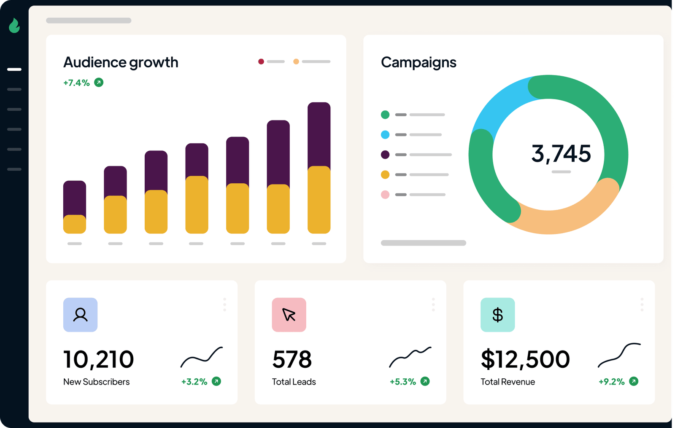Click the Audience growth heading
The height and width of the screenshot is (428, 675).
coord(121,63)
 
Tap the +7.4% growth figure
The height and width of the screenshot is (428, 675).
coord(76,83)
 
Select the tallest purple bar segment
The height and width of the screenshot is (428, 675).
coord(319,136)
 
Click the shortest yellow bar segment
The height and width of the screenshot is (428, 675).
coord(74,224)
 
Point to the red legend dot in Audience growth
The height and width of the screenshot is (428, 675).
coord(261,62)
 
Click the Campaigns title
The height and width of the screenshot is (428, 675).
coord(418,63)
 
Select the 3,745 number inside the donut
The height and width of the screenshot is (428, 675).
coord(561,153)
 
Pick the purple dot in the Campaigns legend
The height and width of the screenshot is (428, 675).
coord(385,155)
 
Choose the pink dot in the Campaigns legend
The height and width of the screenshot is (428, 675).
coord(385,195)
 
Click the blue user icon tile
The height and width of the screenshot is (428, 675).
coord(80,315)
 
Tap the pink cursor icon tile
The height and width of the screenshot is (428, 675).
coord(289,315)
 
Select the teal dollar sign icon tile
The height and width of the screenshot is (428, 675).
coord(497,315)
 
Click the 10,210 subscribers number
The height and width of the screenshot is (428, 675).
coord(99,359)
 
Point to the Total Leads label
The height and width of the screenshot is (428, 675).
coord(294,382)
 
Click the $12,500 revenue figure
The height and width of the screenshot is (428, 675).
coord(525,359)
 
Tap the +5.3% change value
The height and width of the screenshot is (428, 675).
coord(402,382)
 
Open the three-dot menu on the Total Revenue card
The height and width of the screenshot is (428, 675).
coord(642,305)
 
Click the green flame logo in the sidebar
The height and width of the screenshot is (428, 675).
coord(14,25)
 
